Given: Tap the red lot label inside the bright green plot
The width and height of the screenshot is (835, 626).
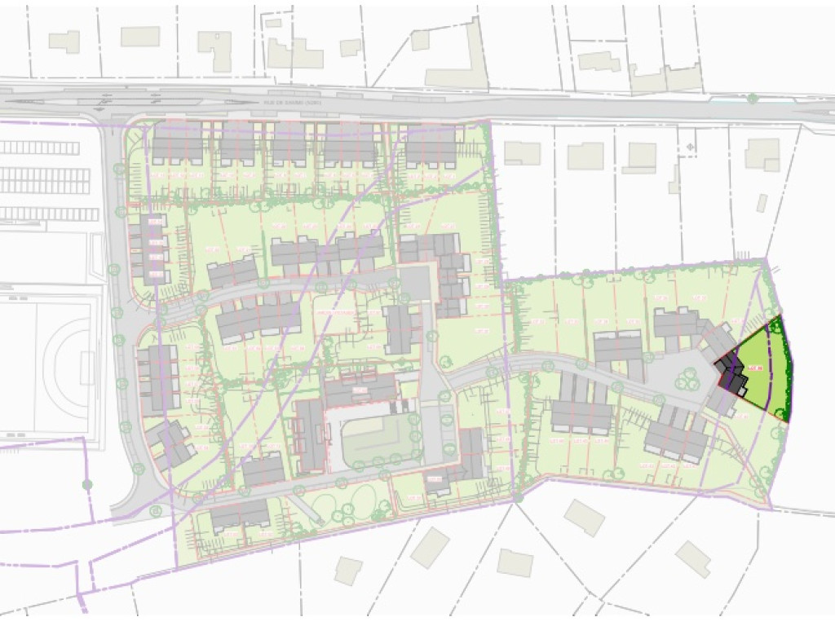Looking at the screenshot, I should [756, 369].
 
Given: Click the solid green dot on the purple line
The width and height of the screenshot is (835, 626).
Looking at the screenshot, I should [87, 485].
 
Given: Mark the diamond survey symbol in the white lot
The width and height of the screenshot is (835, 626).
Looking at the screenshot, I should [691, 148].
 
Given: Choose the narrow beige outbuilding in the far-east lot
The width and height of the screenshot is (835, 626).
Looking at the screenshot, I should [762, 203].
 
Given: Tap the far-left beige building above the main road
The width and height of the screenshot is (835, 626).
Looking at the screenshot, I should [64, 42].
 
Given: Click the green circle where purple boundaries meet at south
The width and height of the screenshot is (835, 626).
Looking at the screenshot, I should [517, 497].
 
